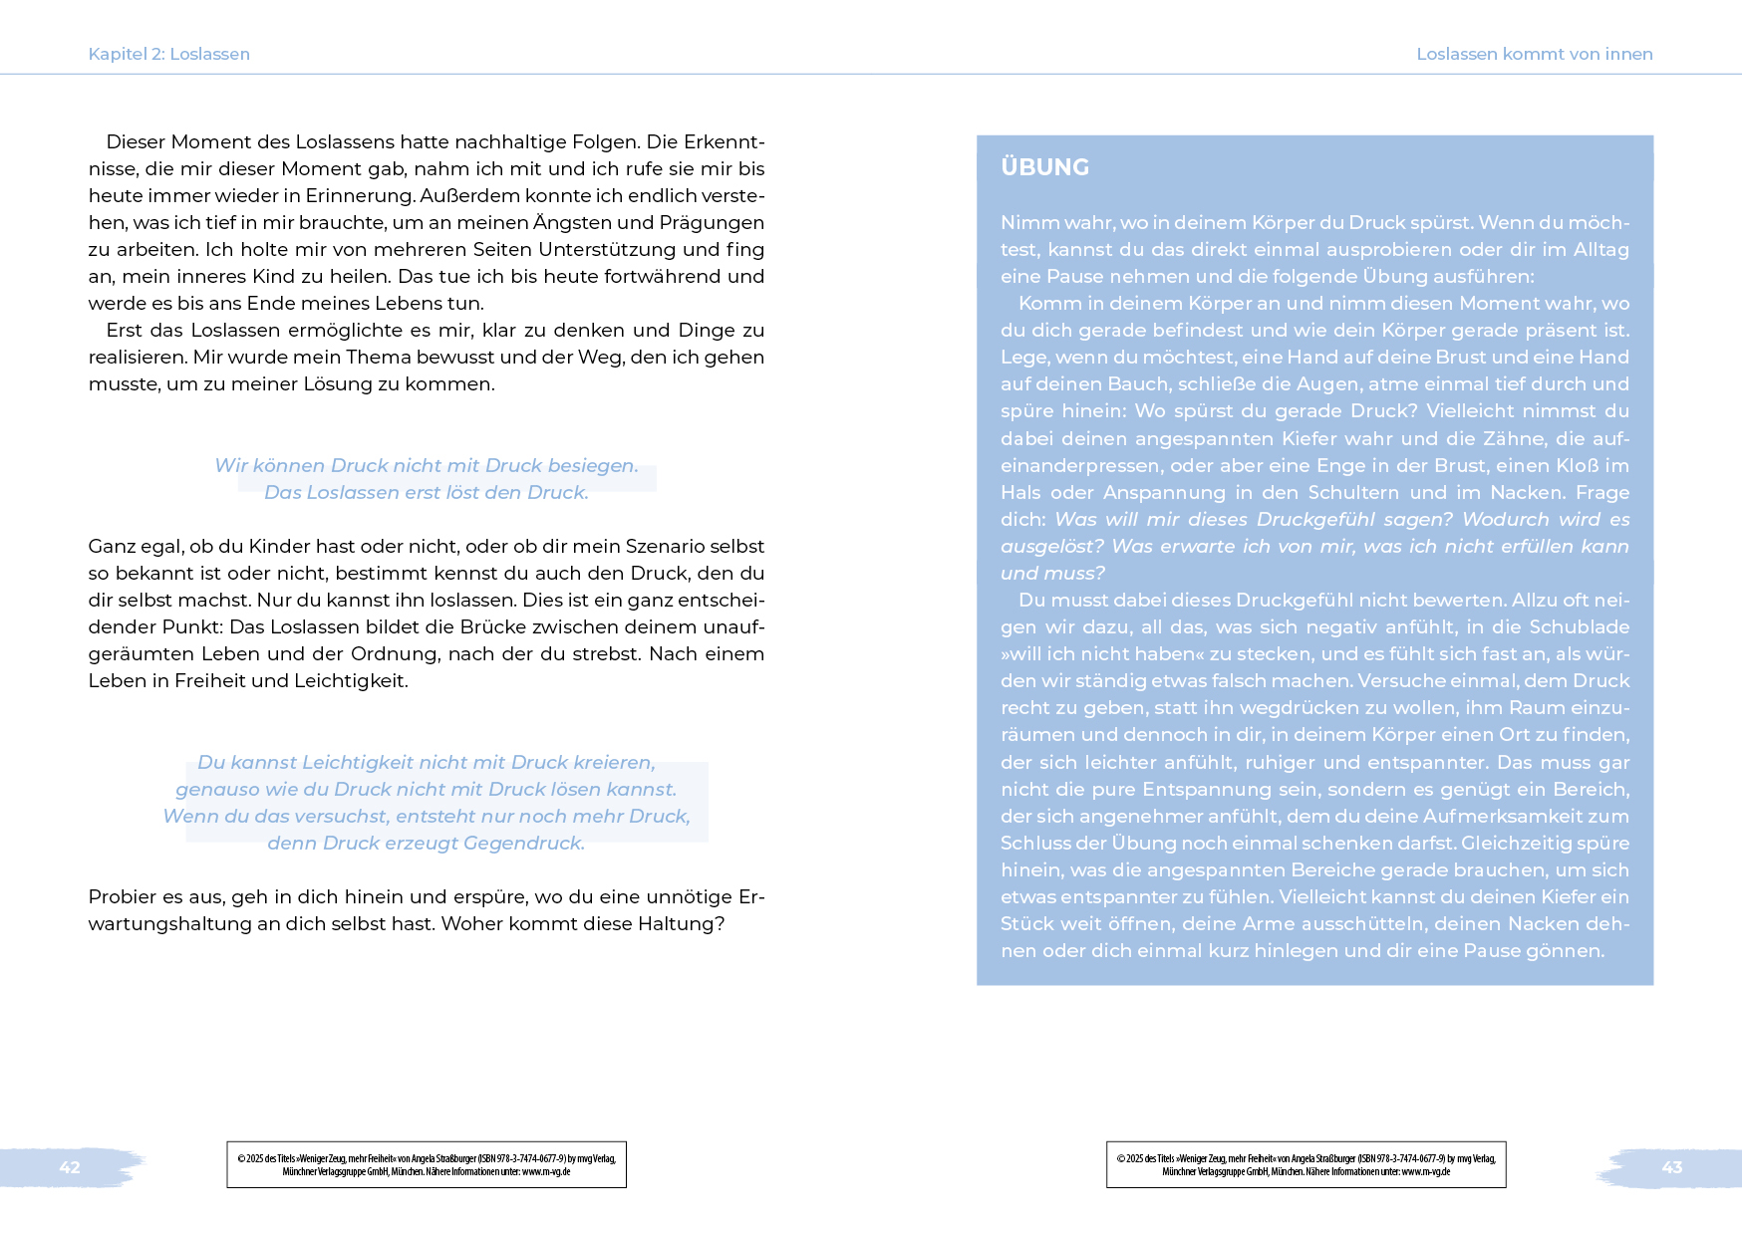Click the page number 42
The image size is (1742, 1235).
pyautogui.click(x=70, y=1167)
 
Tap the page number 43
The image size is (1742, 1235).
pyautogui.click(x=1671, y=1167)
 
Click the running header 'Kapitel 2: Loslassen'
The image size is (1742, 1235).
pyautogui.click(x=168, y=54)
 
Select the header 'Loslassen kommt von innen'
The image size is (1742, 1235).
pyautogui.click(x=1534, y=54)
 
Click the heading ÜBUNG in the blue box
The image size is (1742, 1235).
pyautogui.click(x=1044, y=167)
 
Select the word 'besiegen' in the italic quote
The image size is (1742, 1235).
pyautogui.click(x=593, y=465)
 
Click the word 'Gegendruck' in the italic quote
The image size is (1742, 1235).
pyautogui.click(x=523, y=843)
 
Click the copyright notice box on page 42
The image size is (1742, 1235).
pyautogui.click(x=427, y=1164)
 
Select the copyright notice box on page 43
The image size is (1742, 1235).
pyautogui.click(x=1306, y=1164)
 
